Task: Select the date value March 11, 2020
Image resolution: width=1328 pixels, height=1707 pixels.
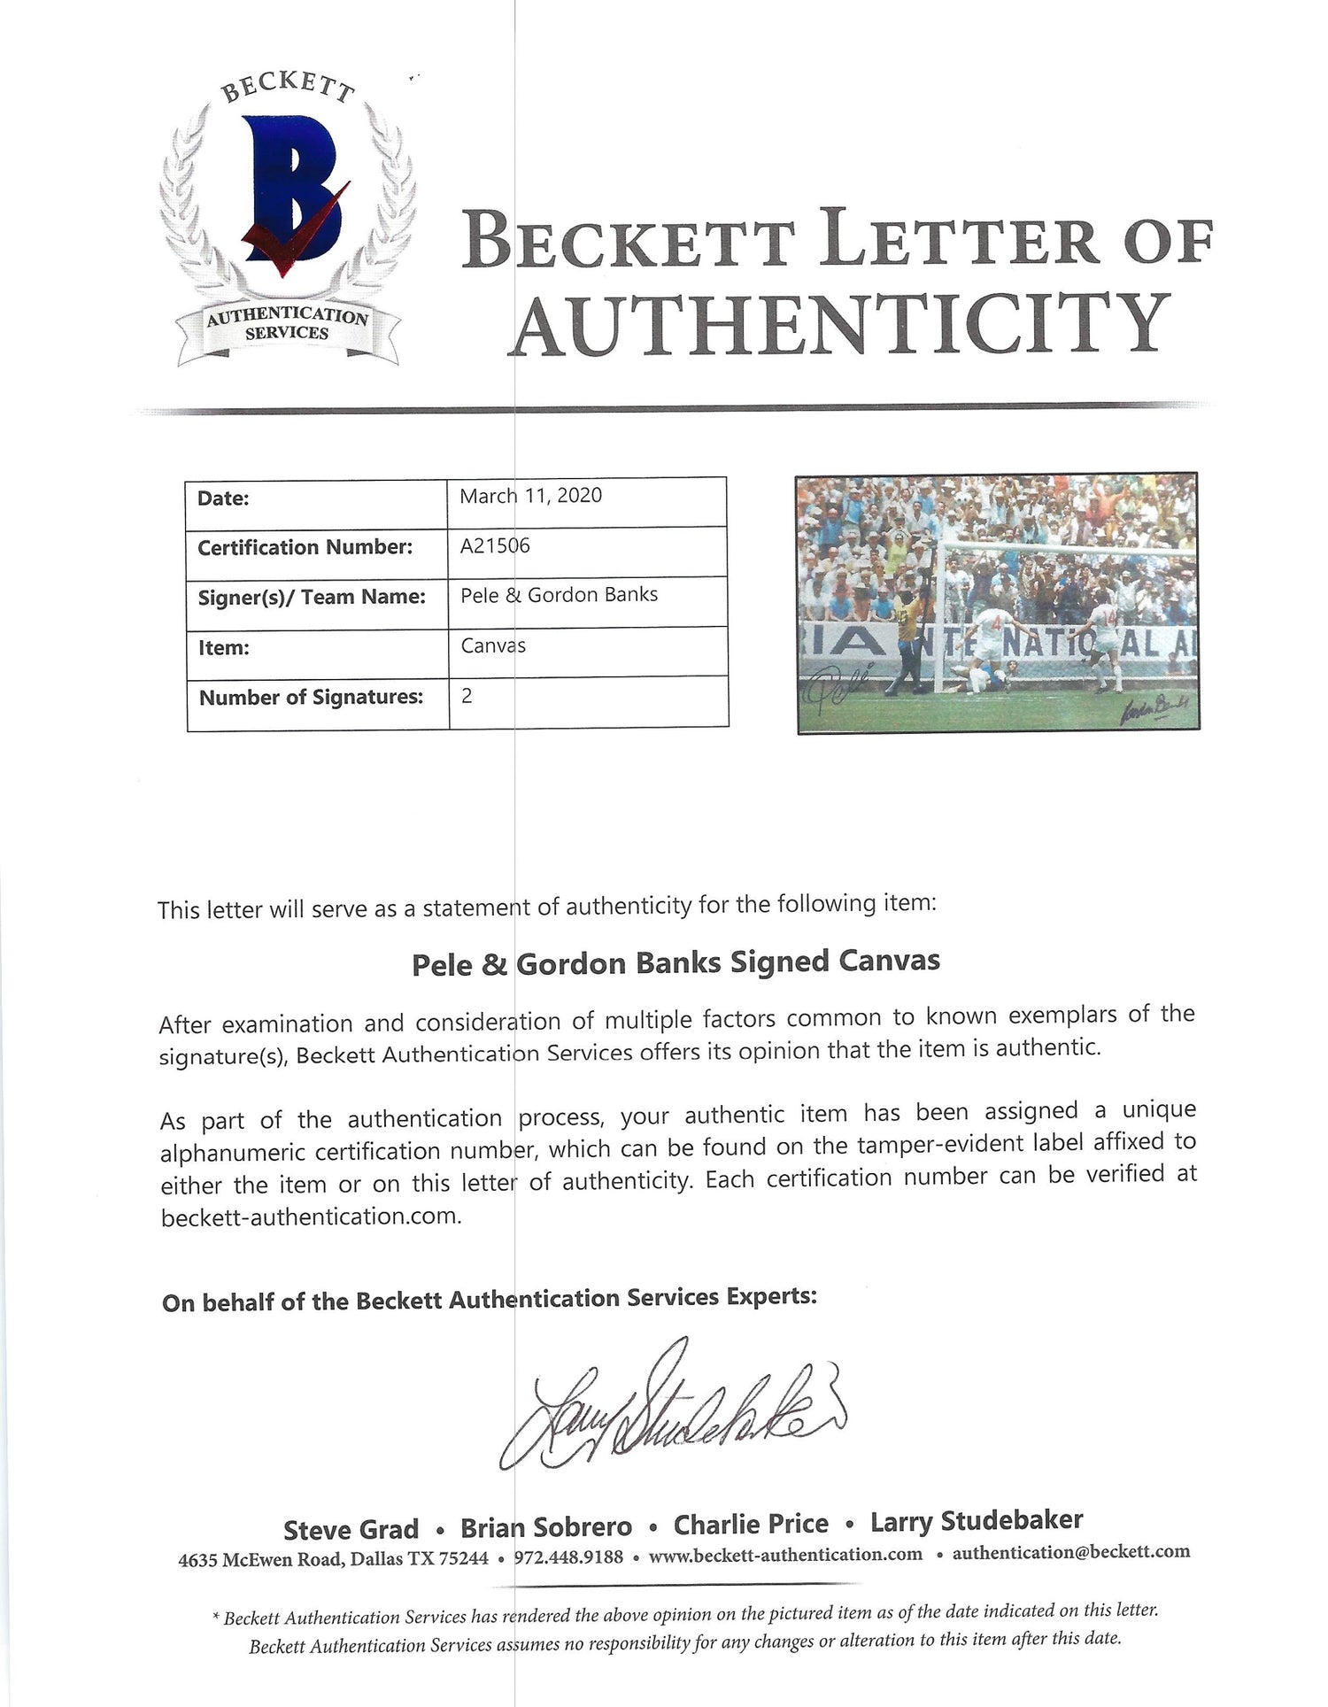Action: [530, 496]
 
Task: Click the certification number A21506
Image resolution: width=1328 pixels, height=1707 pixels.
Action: [495, 545]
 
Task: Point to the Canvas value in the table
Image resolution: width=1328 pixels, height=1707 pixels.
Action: [493, 645]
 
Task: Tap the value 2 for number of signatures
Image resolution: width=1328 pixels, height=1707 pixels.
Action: [467, 696]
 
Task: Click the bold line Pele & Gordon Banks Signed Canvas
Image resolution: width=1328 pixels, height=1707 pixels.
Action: [676, 962]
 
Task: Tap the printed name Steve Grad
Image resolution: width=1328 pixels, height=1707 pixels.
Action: [351, 1530]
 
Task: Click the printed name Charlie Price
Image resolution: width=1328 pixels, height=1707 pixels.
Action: [751, 1525]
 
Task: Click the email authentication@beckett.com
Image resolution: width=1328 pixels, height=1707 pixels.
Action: [1070, 1552]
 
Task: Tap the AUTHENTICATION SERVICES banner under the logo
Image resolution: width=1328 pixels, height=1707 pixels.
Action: [287, 325]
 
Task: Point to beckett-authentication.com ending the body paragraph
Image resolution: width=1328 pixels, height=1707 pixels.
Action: [311, 1217]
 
